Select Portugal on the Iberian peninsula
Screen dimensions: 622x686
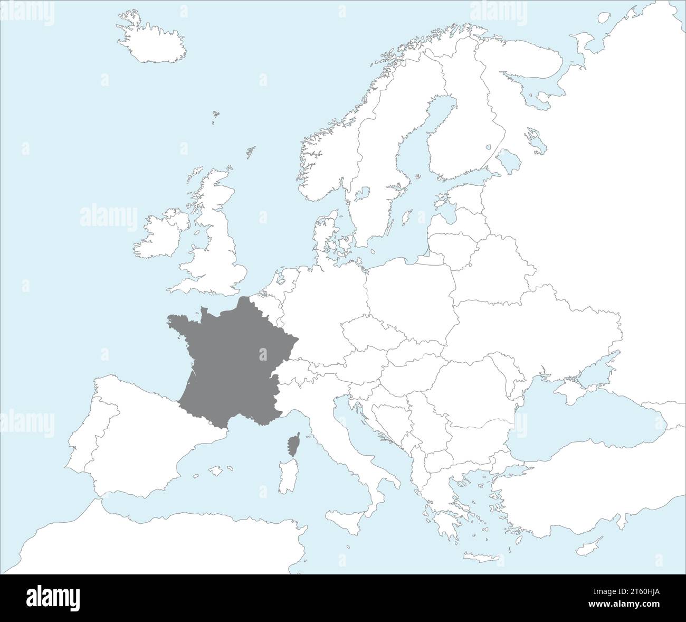79,444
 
